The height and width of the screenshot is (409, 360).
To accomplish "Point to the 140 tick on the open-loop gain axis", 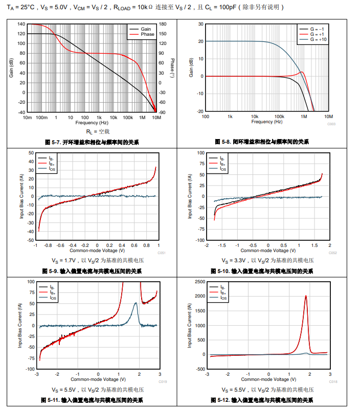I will (21, 24).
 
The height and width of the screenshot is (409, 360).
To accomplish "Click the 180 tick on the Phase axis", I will (163, 24).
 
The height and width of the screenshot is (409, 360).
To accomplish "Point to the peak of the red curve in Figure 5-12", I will (306, 296).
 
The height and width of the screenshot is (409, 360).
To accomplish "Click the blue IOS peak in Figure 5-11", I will (136, 303).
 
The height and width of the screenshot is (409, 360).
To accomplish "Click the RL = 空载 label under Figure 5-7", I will (94, 131).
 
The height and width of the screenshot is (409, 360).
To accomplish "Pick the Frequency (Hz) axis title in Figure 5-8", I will (267, 122).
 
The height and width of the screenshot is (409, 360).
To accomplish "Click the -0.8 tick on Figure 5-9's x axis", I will (48, 245).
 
